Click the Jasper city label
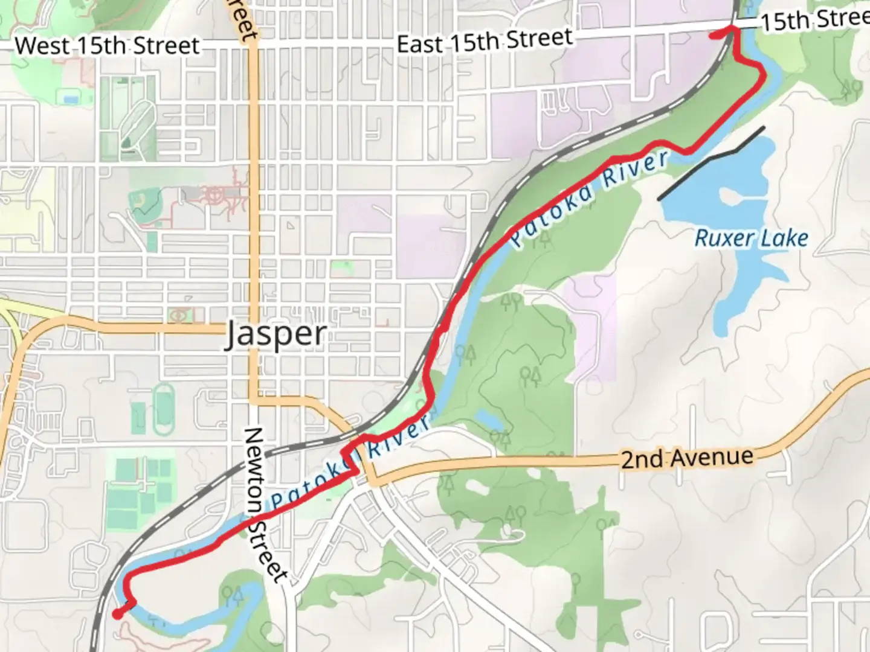tap(276, 334)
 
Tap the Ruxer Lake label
tap(751, 238)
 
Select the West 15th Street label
tap(107, 46)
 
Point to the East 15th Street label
tap(484, 41)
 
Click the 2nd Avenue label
tap(687, 459)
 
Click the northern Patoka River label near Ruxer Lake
tap(589, 198)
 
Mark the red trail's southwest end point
tap(117, 614)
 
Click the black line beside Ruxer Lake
tap(711, 162)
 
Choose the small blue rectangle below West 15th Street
tap(71, 98)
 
